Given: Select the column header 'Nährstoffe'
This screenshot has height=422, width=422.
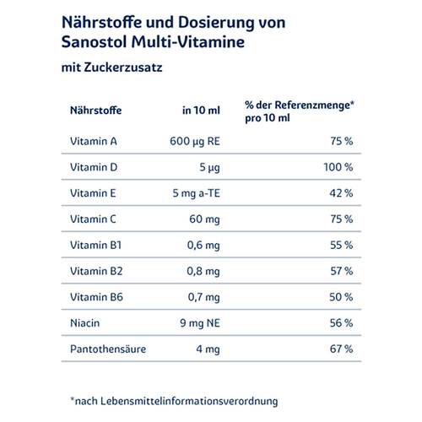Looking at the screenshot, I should pos(94,108).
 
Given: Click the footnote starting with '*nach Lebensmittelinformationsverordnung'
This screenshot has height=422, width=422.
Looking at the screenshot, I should pos(173,399).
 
